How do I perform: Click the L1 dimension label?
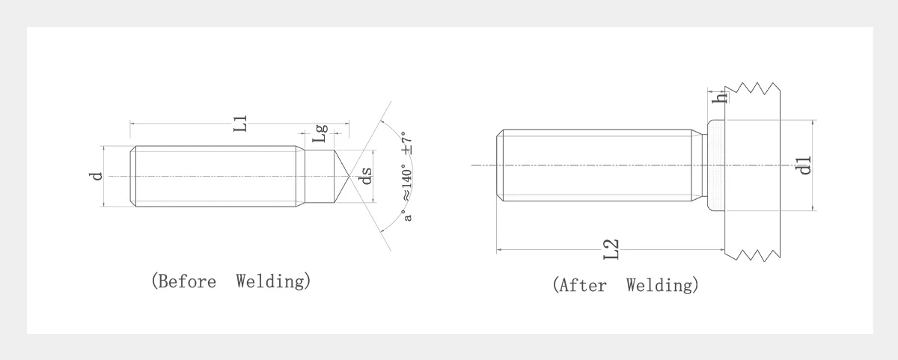pyautogui.click(x=240, y=123)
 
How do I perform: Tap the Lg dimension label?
pyautogui.click(x=320, y=133)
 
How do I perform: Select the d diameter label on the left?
pyautogui.click(x=97, y=177)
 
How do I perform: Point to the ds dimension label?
pyautogui.click(x=367, y=176)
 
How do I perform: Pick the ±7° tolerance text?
pyautogui.click(x=407, y=143)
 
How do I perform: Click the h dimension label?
pyautogui.click(x=719, y=97)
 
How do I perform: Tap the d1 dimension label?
pyautogui.click(x=803, y=165)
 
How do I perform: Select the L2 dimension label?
pyautogui.click(x=611, y=249)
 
